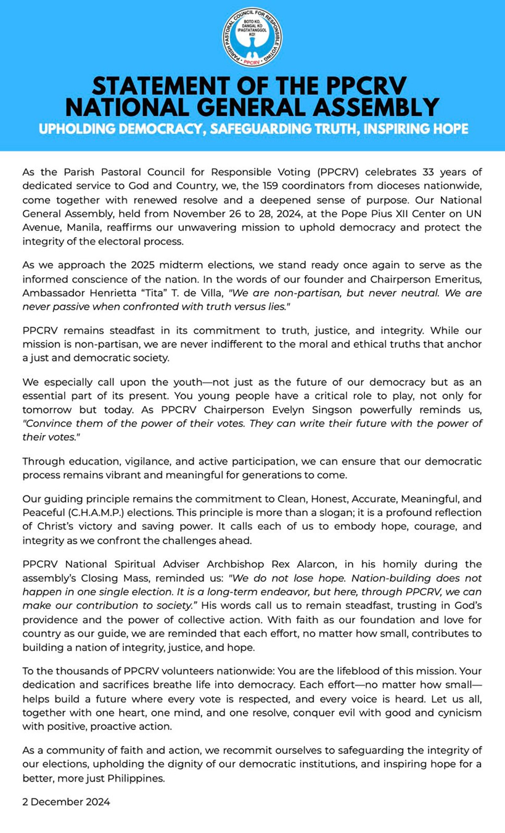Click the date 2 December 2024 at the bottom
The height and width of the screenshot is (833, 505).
(66, 802)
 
